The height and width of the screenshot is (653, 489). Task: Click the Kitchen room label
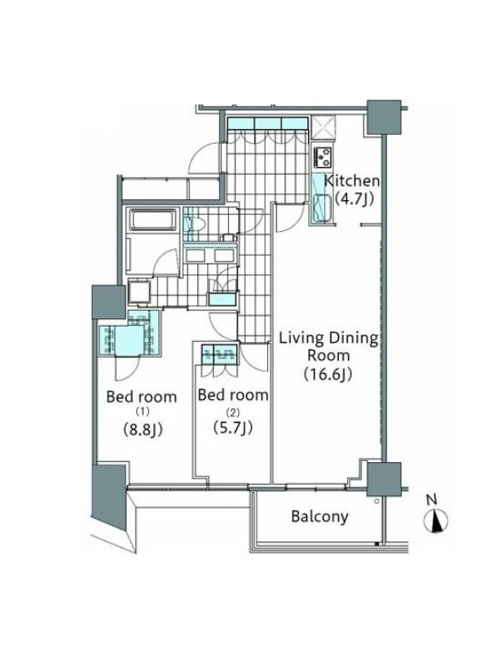pos(352,181)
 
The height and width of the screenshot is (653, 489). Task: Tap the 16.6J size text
pos(328,375)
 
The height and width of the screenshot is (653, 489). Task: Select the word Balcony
pos(319,517)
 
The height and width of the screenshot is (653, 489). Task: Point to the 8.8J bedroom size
pos(143,429)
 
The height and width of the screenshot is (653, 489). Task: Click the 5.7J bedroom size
pos(233,427)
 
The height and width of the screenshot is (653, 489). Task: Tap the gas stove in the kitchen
pos(323,157)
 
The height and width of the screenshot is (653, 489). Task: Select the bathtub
pos(153,219)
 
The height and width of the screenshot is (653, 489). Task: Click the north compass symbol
pos(436,520)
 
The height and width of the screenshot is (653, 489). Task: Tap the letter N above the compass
pos(433,500)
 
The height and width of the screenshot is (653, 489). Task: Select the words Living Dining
pos(328,339)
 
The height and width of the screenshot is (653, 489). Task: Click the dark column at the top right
pos(384,117)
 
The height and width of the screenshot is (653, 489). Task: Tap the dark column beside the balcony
pos(384,479)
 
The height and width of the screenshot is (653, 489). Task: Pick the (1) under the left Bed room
pos(142,411)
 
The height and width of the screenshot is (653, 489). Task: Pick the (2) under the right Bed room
pos(232,413)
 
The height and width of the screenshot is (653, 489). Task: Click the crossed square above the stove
pos(324,127)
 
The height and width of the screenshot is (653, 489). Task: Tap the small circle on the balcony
pos(377,501)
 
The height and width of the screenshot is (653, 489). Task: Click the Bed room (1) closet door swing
pos(127,369)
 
